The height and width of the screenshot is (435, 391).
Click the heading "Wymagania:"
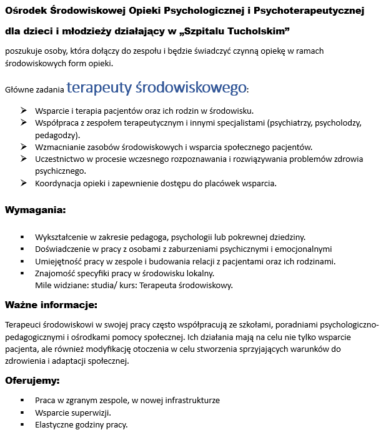35,211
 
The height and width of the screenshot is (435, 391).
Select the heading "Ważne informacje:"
51,306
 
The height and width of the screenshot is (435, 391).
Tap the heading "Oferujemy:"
32,380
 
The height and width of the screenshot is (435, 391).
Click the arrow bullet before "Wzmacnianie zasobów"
23,147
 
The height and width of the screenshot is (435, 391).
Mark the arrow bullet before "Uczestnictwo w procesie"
23,159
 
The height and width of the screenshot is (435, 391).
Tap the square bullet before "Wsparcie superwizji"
22,413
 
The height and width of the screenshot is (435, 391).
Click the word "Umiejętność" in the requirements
59,261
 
